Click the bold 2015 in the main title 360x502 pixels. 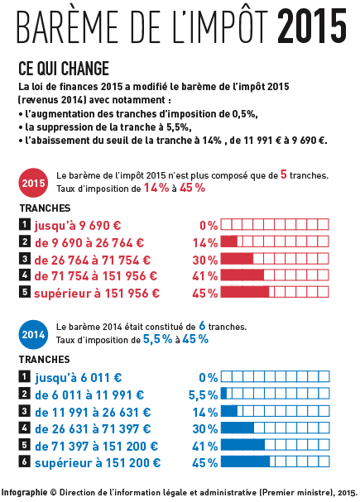point(312,26)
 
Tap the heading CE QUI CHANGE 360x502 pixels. point(64,68)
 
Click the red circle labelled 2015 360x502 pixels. point(33,183)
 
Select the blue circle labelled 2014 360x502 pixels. point(33,335)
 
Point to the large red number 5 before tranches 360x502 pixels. point(284,175)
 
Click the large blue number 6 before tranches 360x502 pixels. point(202,326)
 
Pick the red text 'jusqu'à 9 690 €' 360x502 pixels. point(78,226)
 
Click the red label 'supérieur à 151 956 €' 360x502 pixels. point(97,294)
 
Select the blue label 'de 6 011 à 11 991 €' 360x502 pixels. point(89,395)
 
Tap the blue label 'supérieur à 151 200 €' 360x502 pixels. point(98,463)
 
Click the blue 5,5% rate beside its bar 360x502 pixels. point(203,395)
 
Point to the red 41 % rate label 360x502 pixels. point(205,276)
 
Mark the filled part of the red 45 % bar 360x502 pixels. point(245,292)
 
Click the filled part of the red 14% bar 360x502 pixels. point(229,241)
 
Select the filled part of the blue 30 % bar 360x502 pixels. point(238,428)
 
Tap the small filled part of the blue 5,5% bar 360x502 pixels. point(224,394)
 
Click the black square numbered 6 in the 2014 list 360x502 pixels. point(24,461)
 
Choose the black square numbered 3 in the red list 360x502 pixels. point(24,259)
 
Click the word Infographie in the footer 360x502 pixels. point(24,493)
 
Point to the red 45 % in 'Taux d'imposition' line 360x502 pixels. point(192,188)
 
